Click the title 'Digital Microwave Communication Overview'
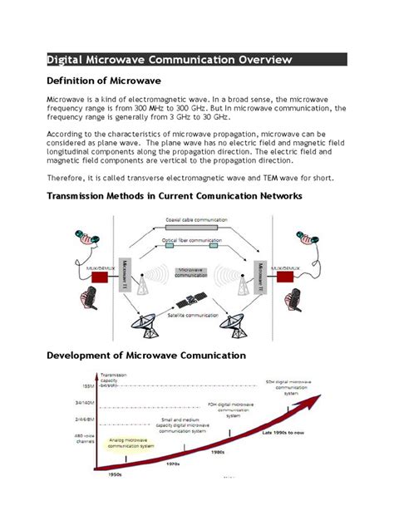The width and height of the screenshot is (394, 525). click(169, 59)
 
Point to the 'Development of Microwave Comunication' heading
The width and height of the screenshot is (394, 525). click(145, 355)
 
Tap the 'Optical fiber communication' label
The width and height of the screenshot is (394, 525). click(197, 239)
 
